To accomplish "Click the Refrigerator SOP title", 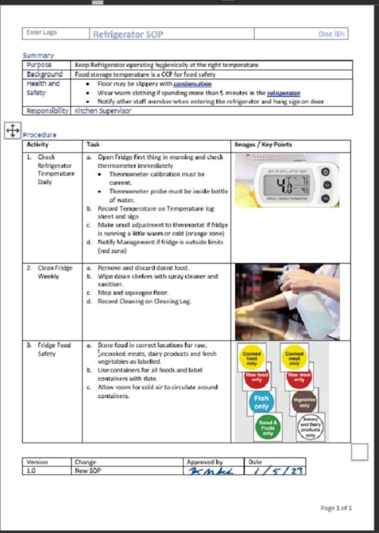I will (128, 34).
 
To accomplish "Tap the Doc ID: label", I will (331, 34).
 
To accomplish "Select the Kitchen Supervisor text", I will (103, 111).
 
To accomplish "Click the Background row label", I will (45, 74).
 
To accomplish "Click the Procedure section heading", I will (40, 135).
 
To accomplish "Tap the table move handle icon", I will (13, 131).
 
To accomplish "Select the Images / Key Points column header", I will (263, 145).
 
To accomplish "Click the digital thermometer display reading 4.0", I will (285, 185).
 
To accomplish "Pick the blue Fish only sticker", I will (261, 402).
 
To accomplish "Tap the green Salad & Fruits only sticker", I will (268, 428).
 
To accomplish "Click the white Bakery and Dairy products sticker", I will (310, 427).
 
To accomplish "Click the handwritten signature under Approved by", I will (211, 471).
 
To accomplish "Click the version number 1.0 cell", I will (31, 471).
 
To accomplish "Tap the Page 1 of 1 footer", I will (336, 508).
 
